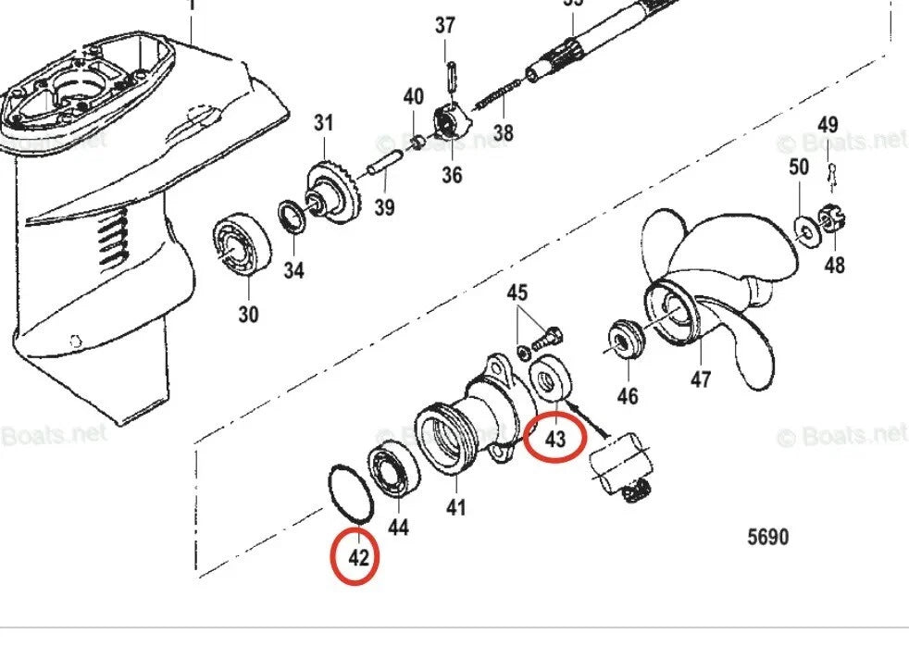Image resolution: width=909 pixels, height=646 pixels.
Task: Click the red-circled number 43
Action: pos(554,439)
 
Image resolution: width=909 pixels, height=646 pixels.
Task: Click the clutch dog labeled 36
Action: pos(449,125)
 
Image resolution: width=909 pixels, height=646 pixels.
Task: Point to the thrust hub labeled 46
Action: pos(626,340)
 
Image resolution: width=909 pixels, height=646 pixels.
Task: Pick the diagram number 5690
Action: pos(767,537)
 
